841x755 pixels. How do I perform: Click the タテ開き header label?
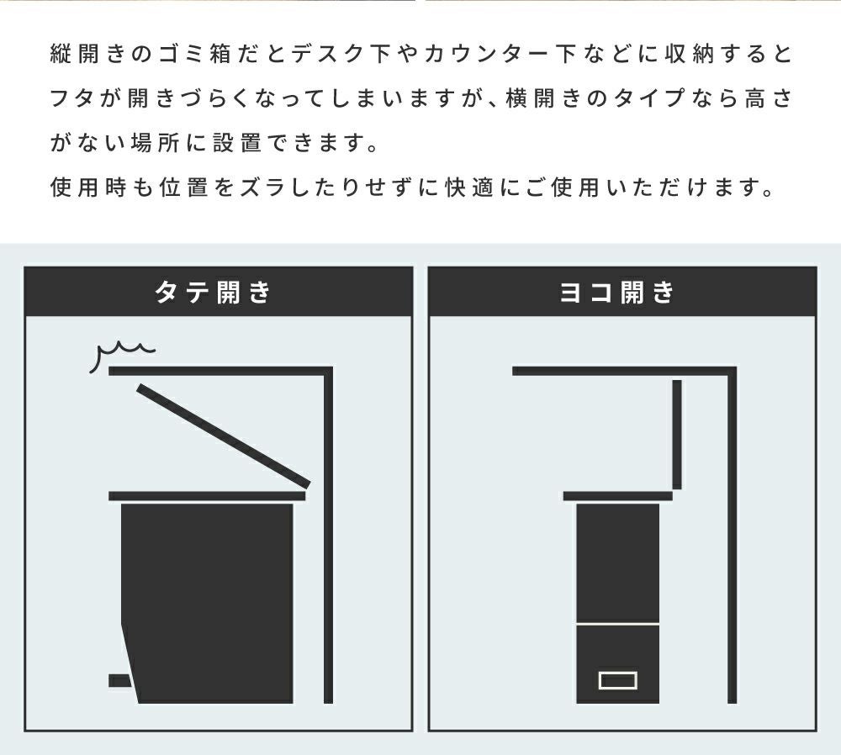click(x=213, y=293)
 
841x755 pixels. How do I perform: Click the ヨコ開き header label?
click(x=616, y=293)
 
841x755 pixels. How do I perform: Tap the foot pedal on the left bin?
click(x=119, y=680)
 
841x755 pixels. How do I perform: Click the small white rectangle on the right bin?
click(x=618, y=680)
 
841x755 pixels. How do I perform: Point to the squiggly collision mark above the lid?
click(x=120, y=354)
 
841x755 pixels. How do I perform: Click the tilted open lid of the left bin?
click(x=223, y=436)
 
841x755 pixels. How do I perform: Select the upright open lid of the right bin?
click(x=677, y=435)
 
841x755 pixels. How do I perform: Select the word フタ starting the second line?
click(x=73, y=98)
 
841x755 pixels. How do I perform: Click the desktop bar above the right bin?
click(x=624, y=371)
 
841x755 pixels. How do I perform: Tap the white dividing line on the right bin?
click(x=618, y=624)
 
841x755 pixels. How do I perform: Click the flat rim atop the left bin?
click(x=207, y=496)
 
